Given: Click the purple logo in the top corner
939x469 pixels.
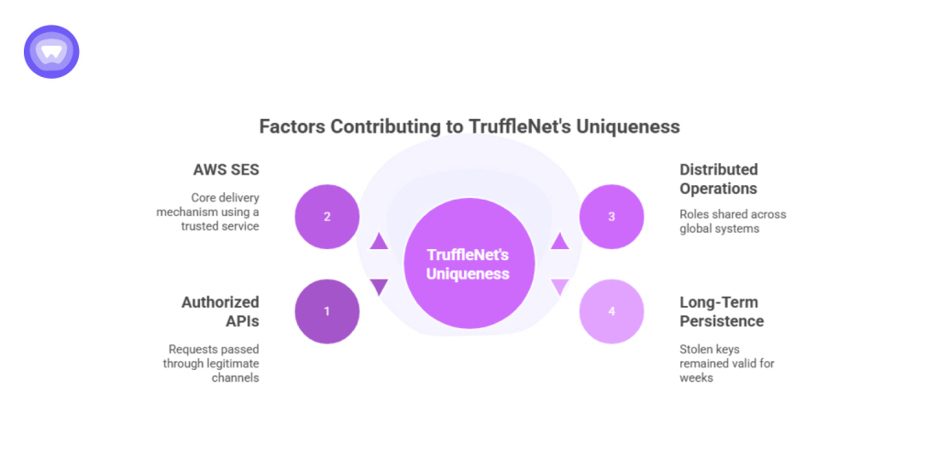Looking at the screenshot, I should [51, 51].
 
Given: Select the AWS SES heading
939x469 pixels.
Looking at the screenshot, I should [226, 169].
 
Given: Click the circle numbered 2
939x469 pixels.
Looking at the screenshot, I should [327, 217].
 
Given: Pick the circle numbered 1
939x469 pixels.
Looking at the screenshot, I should [327, 311].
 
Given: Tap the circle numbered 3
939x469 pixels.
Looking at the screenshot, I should [612, 217].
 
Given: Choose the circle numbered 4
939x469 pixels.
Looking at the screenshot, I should [612, 311].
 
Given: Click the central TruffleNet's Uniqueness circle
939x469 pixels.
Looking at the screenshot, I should [469, 264].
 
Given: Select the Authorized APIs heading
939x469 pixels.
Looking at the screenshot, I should [220, 311].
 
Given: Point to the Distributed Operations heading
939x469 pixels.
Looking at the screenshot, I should [718, 179].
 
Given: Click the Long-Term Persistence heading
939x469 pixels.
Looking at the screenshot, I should [721, 311].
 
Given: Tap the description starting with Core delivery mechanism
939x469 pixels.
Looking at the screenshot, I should [208, 212].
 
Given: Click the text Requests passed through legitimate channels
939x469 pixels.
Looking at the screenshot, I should [212, 363].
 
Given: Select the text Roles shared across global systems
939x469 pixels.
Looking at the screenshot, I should [733, 221].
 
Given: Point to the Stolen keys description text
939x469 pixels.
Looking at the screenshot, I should [727, 363].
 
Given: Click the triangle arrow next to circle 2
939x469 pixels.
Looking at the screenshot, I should [379, 242].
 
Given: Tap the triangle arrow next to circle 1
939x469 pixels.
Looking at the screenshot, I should [379, 287].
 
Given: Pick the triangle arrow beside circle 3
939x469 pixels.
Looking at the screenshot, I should [559, 242].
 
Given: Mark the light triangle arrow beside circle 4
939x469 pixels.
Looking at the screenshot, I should [559, 287].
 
